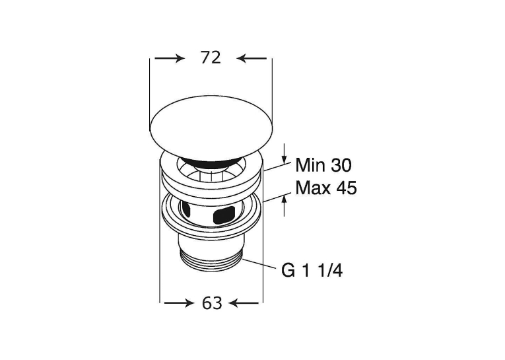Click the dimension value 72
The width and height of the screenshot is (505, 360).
tap(211, 58)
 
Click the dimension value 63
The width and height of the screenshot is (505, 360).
tap(212, 303)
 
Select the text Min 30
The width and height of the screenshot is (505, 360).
tap(323, 166)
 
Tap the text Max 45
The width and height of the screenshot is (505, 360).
tap(326, 188)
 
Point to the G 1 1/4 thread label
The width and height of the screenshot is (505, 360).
tap(312, 271)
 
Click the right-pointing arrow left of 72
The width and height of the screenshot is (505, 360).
tap(170, 58)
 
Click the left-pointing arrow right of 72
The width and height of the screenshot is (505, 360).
tap(252, 58)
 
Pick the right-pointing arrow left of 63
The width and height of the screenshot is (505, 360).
tap(179, 303)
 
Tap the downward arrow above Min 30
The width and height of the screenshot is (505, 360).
tap(284, 153)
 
